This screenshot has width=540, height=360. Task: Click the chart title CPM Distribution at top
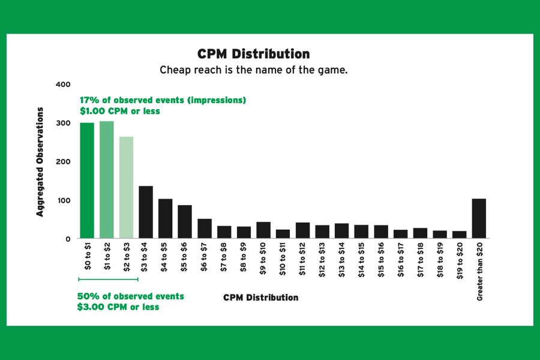254,55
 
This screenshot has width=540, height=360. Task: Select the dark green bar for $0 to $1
87,181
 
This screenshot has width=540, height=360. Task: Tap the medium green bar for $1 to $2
107,180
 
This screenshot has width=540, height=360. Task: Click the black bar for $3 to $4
146,212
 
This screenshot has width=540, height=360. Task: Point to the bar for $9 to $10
263,230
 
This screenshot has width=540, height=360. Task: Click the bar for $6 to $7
205,229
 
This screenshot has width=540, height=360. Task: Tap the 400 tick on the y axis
63,85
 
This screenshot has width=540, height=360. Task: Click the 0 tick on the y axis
68,239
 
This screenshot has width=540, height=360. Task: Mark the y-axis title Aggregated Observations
40,161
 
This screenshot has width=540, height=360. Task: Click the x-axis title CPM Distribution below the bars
260,298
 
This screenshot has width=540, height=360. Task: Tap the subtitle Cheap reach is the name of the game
253,70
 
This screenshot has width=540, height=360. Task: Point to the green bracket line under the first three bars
108,279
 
